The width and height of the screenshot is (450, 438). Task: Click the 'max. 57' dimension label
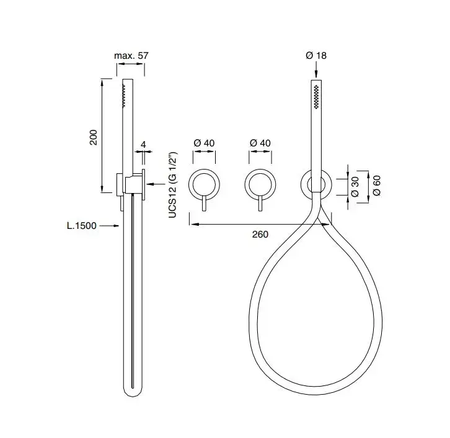coord(131,56)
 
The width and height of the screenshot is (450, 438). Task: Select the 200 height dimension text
coord(94,137)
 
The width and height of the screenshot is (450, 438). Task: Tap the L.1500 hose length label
coord(82,226)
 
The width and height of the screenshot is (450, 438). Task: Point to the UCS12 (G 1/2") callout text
coord(173,185)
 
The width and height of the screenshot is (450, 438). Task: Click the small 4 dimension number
coord(144,144)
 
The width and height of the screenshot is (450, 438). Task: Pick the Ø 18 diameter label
coord(316,55)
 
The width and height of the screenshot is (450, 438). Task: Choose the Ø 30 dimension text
coord(355,187)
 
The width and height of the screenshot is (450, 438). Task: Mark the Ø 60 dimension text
coord(377,186)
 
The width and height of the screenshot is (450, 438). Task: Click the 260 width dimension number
coord(260,234)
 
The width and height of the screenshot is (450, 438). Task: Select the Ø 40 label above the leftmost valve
coord(204,143)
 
